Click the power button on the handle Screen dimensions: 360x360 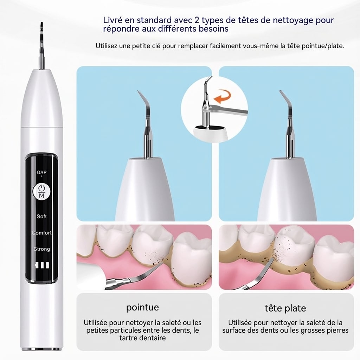pos(41,191)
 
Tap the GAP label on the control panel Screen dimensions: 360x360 pos(41,172)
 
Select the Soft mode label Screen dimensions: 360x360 pos(41,216)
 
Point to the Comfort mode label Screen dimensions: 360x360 pos(42,233)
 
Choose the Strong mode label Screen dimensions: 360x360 pos(42,249)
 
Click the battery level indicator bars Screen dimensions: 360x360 pos(41,265)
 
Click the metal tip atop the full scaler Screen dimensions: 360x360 pos(41,46)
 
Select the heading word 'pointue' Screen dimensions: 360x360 pos(142,307)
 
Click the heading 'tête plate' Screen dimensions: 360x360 pos(285,308)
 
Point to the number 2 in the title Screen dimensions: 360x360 pos(197,20)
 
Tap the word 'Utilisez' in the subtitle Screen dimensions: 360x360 pos(107,46)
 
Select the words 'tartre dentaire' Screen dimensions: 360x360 pos(143,338)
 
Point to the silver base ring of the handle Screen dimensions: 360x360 pos(41,349)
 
